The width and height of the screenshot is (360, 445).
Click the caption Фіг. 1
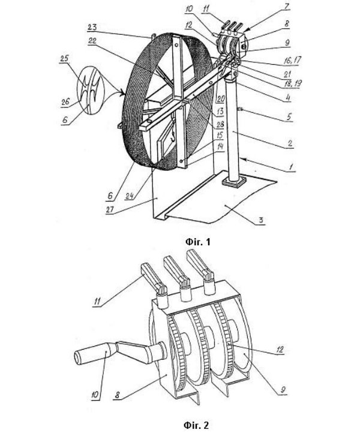(x=197, y=242)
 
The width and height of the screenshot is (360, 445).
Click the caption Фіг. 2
(x=196, y=425)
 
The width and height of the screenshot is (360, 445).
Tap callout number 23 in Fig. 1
(x=92, y=27)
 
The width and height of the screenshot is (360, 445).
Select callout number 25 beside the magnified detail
(x=64, y=58)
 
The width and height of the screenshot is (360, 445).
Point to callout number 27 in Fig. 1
(x=110, y=209)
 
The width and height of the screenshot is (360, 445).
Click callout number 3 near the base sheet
(x=261, y=220)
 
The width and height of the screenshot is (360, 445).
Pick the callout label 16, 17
(x=292, y=60)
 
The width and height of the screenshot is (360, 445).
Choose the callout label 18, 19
(x=293, y=83)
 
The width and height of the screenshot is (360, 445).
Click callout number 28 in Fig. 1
(x=220, y=124)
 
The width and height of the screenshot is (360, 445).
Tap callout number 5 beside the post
(x=289, y=116)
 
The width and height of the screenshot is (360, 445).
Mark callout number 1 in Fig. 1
(x=291, y=167)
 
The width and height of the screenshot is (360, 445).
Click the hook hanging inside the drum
(x=172, y=138)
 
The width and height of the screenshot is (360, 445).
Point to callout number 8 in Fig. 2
(x=117, y=395)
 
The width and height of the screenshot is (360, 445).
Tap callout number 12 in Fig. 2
(x=280, y=349)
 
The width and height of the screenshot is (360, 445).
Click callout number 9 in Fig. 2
(x=283, y=389)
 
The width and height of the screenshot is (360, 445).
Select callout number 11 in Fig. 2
(x=97, y=302)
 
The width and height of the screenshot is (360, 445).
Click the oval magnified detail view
(x=91, y=90)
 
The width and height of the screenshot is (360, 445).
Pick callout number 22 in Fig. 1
(x=92, y=41)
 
